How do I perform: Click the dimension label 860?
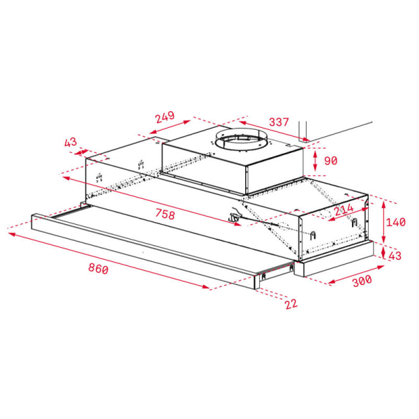98,268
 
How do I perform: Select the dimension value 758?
165,214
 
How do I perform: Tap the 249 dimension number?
165,117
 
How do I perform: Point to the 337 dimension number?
279,122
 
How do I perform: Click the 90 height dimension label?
331,161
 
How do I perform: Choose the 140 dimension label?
396,222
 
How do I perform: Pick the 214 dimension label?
344,209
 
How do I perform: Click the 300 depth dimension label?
362,281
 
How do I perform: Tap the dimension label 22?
291,304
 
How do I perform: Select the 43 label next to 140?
395,256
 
